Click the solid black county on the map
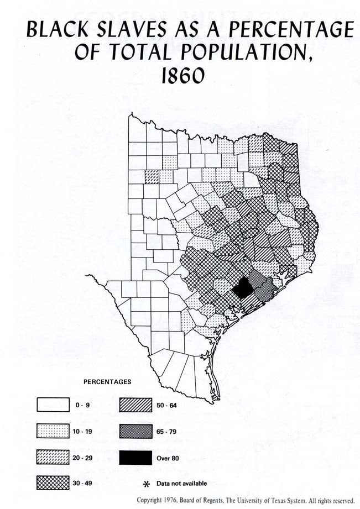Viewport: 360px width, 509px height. (x=241, y=288)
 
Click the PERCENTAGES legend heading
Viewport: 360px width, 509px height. (x=107, y=381)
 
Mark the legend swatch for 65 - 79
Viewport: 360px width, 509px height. (x=135, y=431)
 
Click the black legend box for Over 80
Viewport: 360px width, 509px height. (x=135, y=457)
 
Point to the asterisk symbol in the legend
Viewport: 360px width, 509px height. (x=147, y=484)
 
